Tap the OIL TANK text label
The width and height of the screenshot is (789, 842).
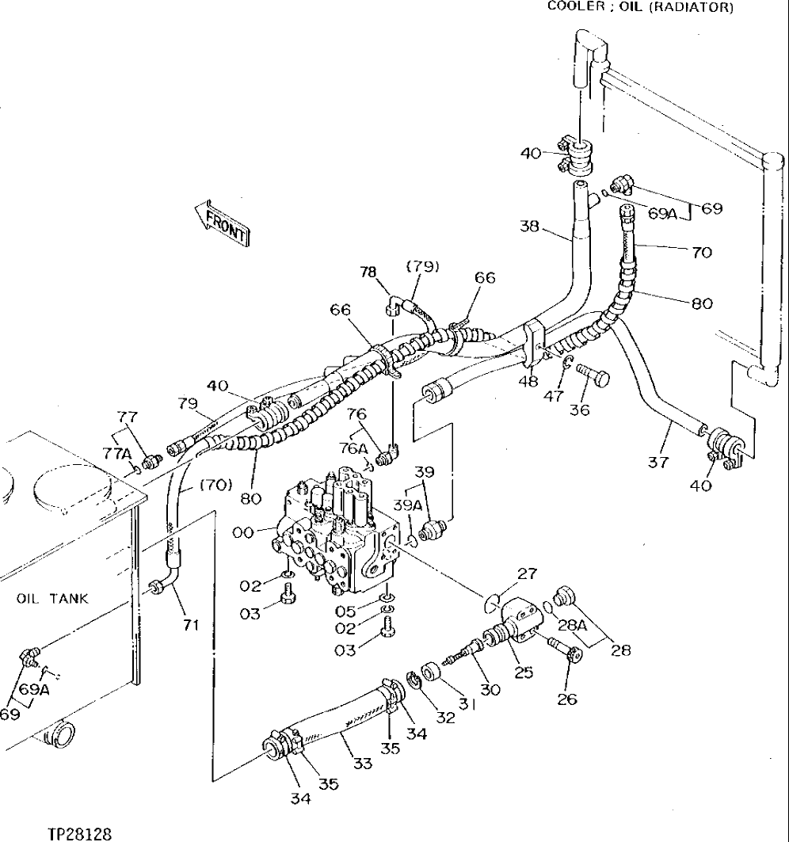point(53,599)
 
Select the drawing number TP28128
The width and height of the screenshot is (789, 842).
point(79,833)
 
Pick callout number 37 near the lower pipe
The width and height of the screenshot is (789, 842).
point(658,462)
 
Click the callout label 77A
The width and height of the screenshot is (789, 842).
point(118,452)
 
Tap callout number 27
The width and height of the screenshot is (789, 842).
point(527,573)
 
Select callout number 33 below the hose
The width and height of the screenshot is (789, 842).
point(363,764)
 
